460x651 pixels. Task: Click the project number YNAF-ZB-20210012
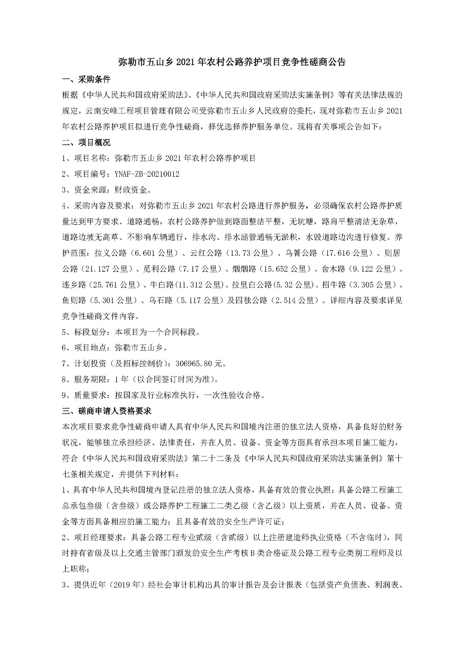(x=147, y=174)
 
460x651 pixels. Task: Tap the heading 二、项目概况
(x=86, y=143)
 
